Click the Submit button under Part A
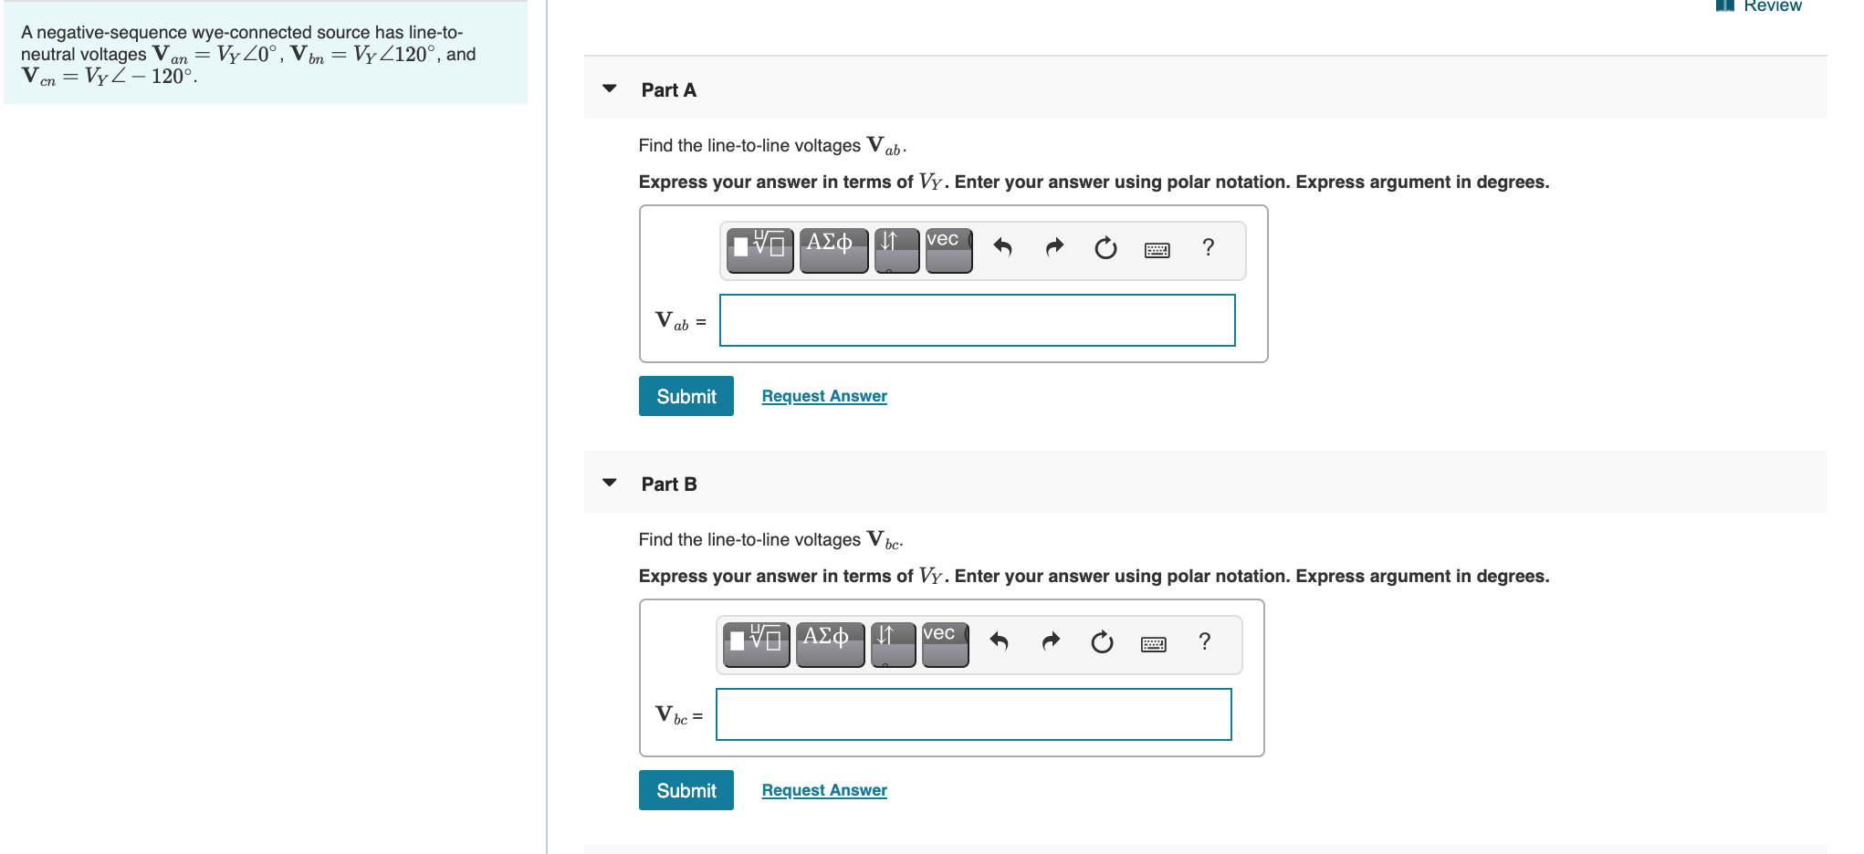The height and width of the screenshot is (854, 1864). point(686,396)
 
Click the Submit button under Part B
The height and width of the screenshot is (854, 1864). point(686,790)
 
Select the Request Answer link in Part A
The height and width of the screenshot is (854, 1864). point(823,396)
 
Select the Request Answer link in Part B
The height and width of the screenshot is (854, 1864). point(823,790)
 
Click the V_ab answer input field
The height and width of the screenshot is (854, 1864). point(977,320)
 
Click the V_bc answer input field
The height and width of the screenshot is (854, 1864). point(973,714)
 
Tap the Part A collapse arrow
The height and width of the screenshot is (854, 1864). point(610,89)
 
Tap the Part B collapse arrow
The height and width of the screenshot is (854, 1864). point(610,483)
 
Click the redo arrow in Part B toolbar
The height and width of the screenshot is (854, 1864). point(1051,642)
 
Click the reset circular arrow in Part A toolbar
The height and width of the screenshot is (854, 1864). point(1105,248)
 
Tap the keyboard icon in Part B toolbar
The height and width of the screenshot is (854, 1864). point(1153,644)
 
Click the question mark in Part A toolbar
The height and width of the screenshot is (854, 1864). point(1208,247)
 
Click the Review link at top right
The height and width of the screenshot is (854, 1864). point(1771,6)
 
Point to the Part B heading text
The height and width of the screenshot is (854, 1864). point(668,484)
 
